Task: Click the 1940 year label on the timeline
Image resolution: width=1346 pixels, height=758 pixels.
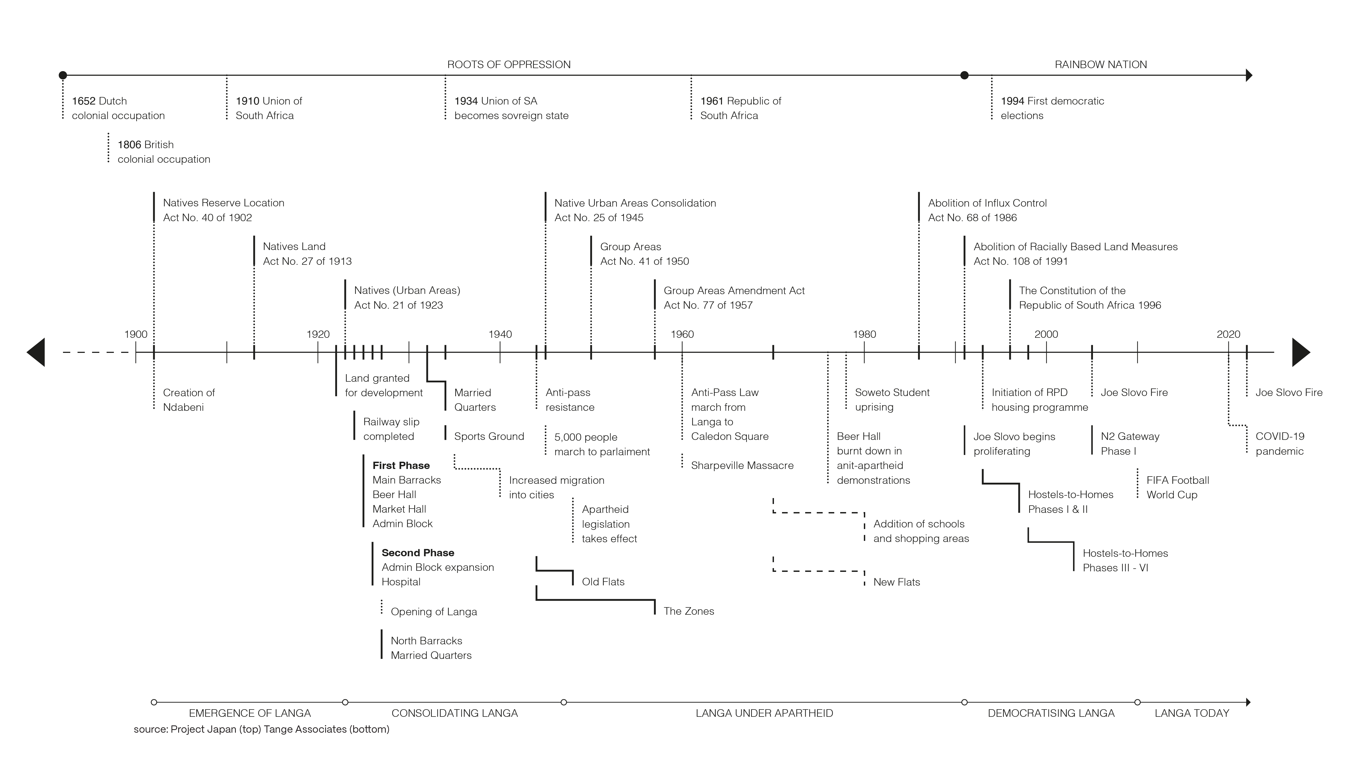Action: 500,334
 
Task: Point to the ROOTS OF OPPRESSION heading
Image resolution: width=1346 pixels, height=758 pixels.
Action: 509,64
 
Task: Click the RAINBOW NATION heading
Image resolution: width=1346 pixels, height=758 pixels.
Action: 1100,64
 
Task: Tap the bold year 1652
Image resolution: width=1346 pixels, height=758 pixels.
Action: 84,101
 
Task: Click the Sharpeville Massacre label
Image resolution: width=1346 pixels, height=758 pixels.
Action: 742,465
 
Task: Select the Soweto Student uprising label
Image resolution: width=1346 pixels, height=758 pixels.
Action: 892,399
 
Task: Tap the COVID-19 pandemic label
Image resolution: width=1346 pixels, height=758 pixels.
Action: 1280,443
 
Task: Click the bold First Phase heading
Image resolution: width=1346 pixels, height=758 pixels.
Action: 401,465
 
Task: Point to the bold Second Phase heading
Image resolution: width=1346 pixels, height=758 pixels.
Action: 418,552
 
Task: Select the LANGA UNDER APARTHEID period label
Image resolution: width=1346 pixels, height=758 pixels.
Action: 764,713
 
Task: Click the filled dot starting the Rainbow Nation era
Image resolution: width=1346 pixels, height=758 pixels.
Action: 965,75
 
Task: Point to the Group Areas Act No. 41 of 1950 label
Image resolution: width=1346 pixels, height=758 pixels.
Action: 644,253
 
